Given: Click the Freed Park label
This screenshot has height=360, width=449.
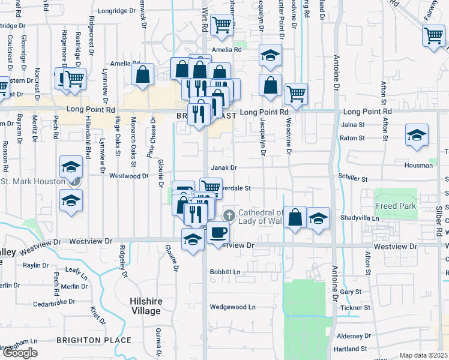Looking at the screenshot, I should point(394,206).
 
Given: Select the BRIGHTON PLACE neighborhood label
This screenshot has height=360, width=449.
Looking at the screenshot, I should point(94,340).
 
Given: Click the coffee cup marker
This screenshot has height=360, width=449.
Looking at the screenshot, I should point(218,232).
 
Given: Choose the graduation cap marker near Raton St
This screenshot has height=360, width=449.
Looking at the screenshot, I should point(416,136).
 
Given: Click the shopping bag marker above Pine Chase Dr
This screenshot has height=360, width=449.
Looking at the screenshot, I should point(142,75).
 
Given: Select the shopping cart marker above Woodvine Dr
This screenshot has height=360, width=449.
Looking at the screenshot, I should point(296,94).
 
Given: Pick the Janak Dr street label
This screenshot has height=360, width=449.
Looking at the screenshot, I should point(224,168).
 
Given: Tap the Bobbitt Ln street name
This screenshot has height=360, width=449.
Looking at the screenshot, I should point(224,272).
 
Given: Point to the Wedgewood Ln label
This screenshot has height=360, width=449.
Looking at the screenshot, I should point(232,307).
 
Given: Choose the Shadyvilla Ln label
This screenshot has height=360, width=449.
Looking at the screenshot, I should point(360,218).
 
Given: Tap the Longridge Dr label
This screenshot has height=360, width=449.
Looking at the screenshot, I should point(117,11).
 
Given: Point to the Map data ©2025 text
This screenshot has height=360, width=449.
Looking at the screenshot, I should point(424,355).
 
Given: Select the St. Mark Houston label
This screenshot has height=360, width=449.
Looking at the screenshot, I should point(33,181).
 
